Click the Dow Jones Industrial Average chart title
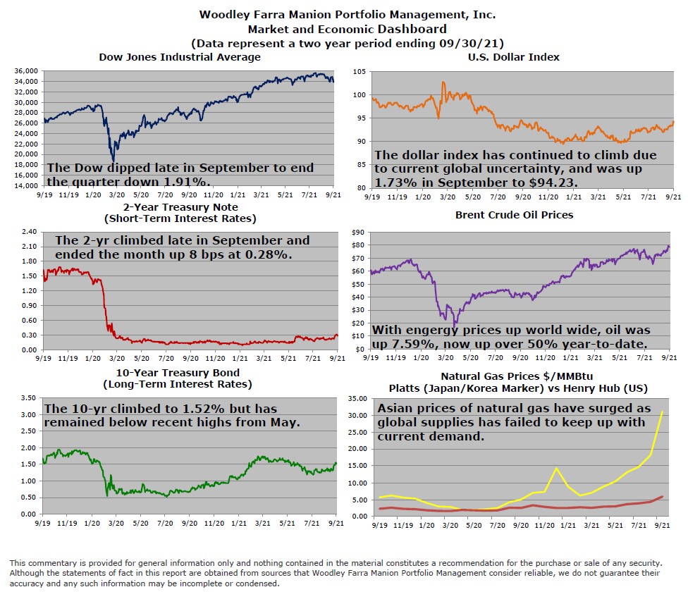click(x=179, y=57)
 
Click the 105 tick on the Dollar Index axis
click(x=359, y=72)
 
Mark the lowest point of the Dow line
click(x=113, y=161)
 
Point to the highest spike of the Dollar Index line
click(x=443, y=82)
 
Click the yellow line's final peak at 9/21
click(x=661, y=412)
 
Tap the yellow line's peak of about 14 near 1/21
click(x=556, y=469)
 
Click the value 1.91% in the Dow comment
click(x=190, y=182)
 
